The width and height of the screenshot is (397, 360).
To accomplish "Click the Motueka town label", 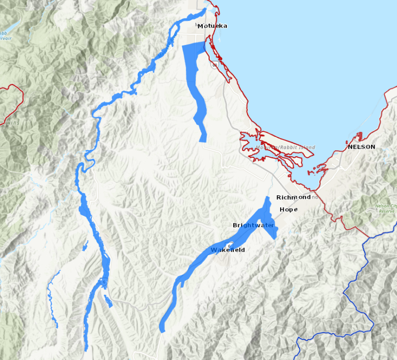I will [x=212, y=26].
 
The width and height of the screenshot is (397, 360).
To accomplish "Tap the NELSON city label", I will [x=361, y=147].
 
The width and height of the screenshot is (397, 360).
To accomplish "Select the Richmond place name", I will [x=293, y=198].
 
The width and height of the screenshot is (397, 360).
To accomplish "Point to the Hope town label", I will [x=288, y=210].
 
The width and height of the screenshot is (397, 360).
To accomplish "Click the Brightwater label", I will [x=253, y=226].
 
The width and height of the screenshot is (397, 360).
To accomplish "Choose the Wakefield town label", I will [x=228, y=250].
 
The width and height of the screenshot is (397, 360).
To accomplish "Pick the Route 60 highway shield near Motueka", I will [x=214, y=65].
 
